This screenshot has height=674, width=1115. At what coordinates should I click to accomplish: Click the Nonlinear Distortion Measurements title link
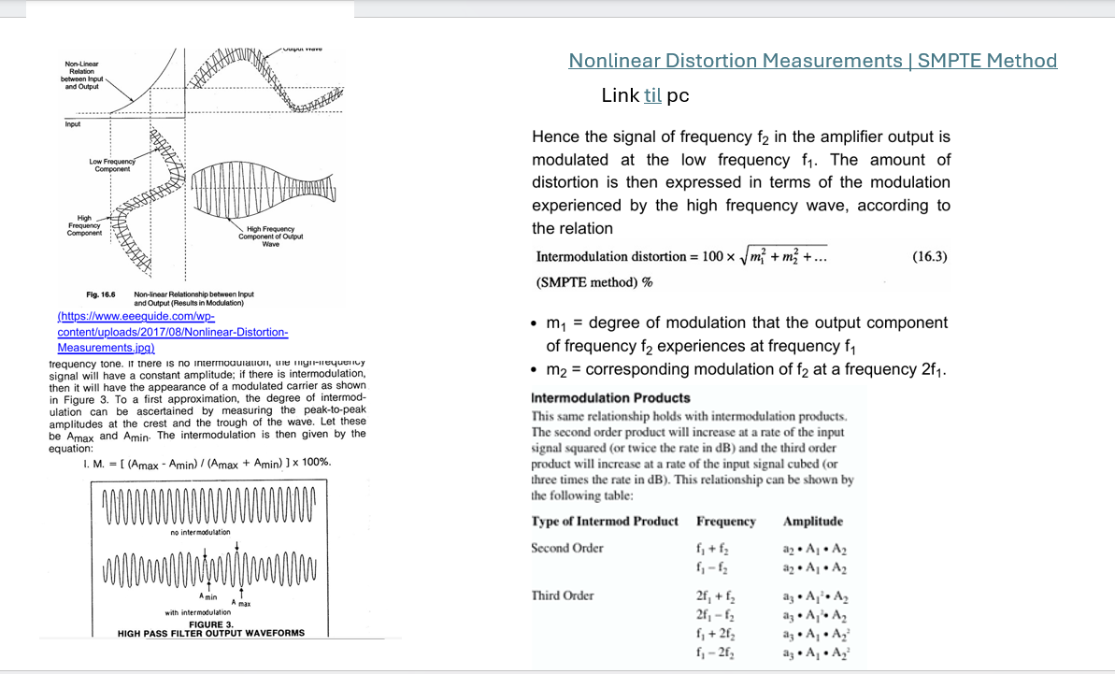[812, 61]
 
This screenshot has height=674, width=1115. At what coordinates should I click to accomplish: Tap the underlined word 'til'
[652, 95]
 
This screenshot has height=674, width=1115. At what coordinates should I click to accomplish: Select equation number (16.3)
[929, 256]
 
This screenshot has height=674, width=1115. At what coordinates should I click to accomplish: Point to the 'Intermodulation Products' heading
[610, 397]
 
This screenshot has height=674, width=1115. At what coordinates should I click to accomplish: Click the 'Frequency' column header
[725, 522]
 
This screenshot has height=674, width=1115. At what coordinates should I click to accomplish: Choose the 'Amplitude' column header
[812, 522]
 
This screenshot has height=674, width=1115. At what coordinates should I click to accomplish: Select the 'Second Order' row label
[567, 548]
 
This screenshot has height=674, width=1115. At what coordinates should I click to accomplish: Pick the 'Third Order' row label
[563, 595]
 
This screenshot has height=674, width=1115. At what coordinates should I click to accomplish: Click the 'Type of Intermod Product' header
[605, 522]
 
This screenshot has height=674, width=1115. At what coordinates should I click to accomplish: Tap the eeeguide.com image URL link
[172, 333]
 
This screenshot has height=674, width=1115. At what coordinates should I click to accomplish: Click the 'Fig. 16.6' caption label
[100, 294]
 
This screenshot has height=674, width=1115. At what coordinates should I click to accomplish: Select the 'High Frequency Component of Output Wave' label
[270, 236]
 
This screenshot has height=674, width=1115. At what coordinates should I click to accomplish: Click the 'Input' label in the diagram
[72, 124]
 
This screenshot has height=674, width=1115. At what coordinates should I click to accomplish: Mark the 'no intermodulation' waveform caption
[200, 532]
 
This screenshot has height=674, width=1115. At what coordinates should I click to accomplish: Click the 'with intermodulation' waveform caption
[198, 613]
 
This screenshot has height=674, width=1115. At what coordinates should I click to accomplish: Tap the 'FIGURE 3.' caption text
[211, 624]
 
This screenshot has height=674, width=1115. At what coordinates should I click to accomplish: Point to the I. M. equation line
[207, 463]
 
